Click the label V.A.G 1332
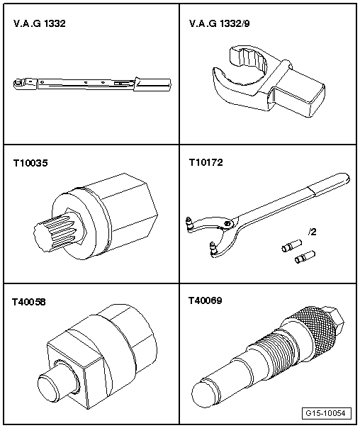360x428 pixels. click(x=40, y=23)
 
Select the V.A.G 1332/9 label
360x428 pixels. click(x=219, y=23)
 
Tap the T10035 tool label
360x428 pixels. click(x=30, y=163)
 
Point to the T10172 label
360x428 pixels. click(x=206, y=162)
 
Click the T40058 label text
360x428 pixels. click(x=28, y=302)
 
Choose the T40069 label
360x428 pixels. click(x=206, y=300)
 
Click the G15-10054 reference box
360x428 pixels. click(x=327, y=413)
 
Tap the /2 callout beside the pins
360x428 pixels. click(x=312, y=232)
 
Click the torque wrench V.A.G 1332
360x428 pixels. click(x=92, y=83)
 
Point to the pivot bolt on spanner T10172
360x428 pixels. click(x=227, y=224)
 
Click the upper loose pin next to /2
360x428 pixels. click(x=291, y=245)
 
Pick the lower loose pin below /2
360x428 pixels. click(x=305, y=257)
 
